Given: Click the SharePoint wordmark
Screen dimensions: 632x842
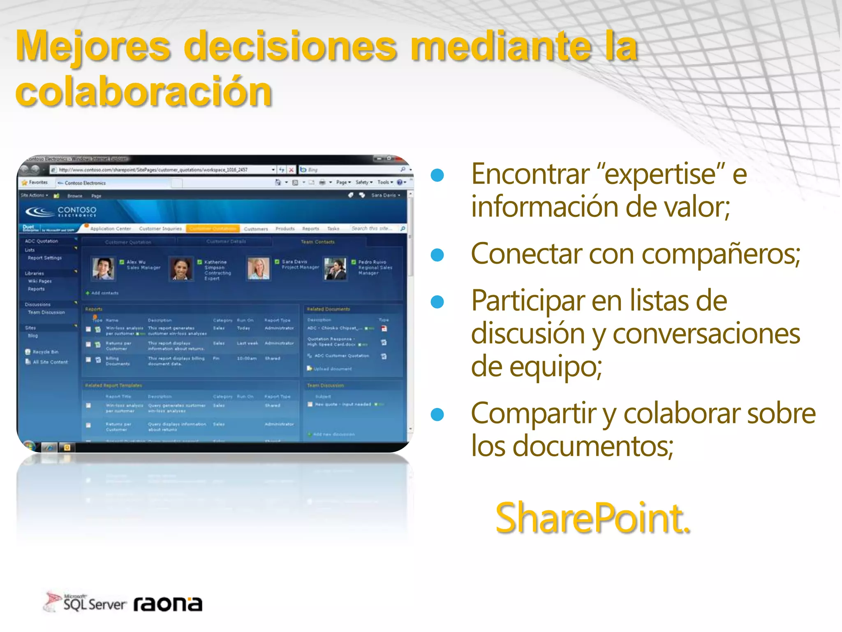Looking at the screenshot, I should click(x=592, y=518).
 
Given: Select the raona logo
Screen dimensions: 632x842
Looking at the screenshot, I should click(x=168, y=604).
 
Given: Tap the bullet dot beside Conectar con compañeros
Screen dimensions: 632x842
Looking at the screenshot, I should click(x=437, y=255).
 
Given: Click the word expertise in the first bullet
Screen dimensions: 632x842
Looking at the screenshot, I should click(x=660, y=174).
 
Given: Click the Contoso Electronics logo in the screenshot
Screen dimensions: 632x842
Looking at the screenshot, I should click(x=62, y=211).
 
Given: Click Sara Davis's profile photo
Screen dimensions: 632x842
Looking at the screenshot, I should click(x=258, y=269).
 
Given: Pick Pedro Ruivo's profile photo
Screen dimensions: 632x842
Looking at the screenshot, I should click(x=335, y=269).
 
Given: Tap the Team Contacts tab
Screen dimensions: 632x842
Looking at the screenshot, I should click(x=317, y=242).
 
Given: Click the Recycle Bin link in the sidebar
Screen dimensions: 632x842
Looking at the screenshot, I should click(x=45, y=352).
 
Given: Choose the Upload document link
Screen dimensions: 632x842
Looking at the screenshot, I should click(x=332, y=369).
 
